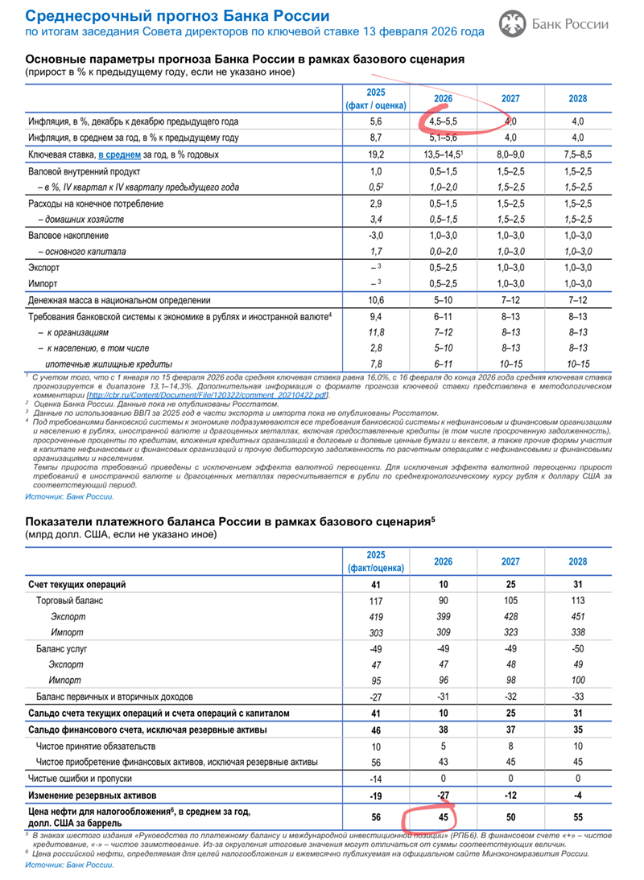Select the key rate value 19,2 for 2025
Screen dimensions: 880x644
click(x=375, y=153)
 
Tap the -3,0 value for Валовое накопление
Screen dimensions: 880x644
click(x=375, y=235)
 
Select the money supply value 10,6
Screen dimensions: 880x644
click(x=375, y=299)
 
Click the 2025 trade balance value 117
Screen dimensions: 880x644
click(x=375, y=600)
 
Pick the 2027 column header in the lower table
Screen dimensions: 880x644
click(x=510, y=561)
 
